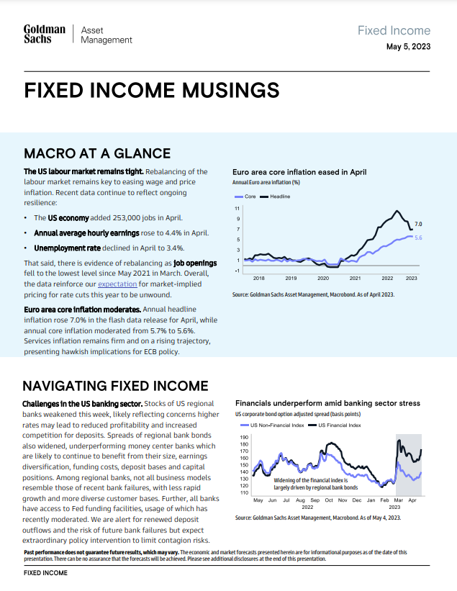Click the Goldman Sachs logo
click(45, 35)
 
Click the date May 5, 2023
click(408, 48)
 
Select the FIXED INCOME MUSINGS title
click(152, 90)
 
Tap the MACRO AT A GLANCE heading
click(97, 153)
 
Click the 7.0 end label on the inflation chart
click(418, 225)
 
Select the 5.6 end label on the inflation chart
click(417, 238)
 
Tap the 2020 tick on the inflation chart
click(323, 277)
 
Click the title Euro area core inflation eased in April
click(299, 172)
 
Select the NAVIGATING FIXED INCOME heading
click(116, 386)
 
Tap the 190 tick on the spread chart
click(243, 438)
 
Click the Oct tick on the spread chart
click(328, 499)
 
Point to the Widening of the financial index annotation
click(310, 483)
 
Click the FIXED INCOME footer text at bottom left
click(45, 573)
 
